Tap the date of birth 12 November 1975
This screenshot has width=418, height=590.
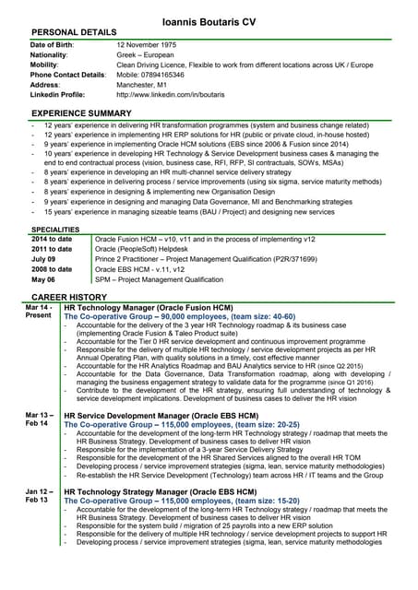click(x=153, y=44)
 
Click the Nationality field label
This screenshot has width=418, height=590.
click(x=52, y=54)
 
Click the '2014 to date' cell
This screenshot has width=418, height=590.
click(x=52, y=239)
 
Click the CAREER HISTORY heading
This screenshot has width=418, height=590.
click(x=69, y=297)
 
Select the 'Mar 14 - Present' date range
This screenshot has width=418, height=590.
click(x=39, y=311)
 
